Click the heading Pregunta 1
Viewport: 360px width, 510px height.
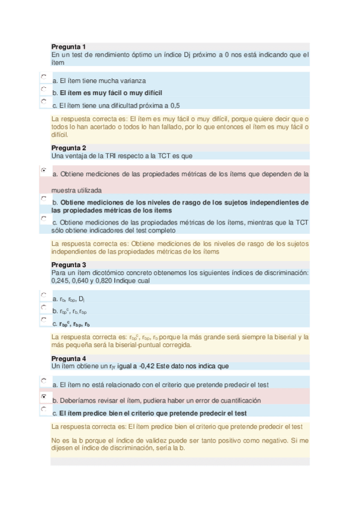pos(69,46)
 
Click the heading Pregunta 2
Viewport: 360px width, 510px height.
pos(69,147)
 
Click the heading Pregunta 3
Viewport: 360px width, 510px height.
pos(69,265)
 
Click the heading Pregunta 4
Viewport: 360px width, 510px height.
pos(69,358)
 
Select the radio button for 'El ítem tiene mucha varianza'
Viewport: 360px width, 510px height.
pos(43,77)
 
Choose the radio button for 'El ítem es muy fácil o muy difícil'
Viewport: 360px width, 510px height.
pos(43,89)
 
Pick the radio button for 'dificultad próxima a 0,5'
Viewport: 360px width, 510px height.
pos(43,102)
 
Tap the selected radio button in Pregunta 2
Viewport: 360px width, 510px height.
pos(43,171)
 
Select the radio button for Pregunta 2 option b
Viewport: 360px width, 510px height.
pos(43,198)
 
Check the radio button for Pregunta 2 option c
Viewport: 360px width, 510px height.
pos(43,218)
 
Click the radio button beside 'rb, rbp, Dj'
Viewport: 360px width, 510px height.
pos(43,295)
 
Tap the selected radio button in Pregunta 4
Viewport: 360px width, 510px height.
pos(43,397)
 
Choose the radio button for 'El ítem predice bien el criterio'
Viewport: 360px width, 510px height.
pos(43,409)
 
